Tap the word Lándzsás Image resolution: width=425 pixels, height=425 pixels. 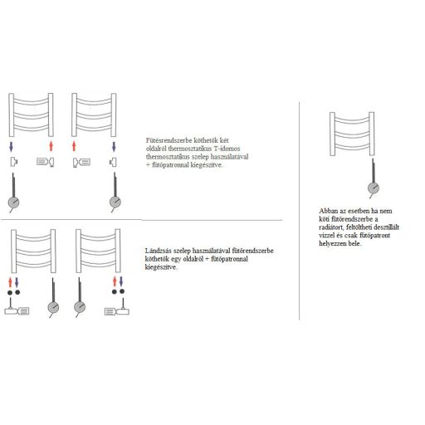tap(158, 250)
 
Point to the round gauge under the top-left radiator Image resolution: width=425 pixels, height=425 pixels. tap(14, 202)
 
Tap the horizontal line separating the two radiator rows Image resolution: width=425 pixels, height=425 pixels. tap(141, 220)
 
